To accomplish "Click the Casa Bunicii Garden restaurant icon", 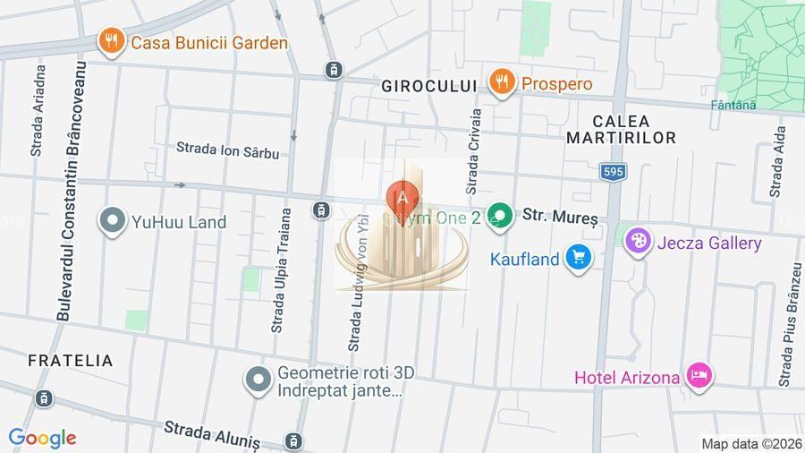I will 111,41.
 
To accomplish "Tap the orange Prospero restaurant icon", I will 502,83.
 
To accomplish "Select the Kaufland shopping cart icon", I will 579,260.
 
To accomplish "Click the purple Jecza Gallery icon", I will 638,243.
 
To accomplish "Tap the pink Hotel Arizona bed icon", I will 699,376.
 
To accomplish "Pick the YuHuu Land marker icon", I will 113,221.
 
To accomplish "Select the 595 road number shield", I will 613,172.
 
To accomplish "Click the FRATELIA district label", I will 71,361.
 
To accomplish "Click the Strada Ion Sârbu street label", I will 227,150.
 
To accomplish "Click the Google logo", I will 42,438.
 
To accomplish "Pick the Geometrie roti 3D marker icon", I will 258,380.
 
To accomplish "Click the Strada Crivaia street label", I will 474,151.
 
